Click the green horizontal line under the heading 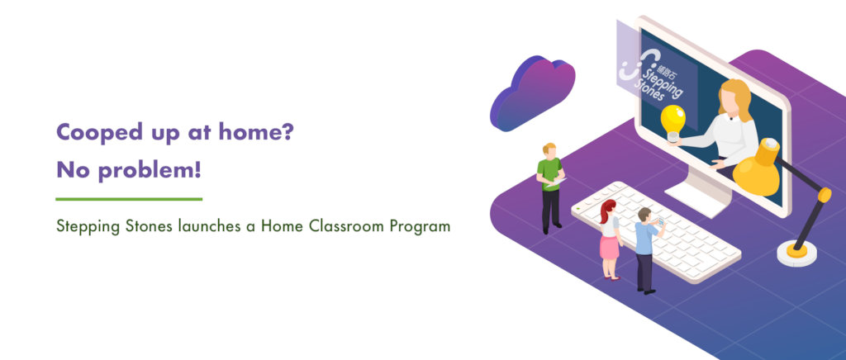129,199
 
